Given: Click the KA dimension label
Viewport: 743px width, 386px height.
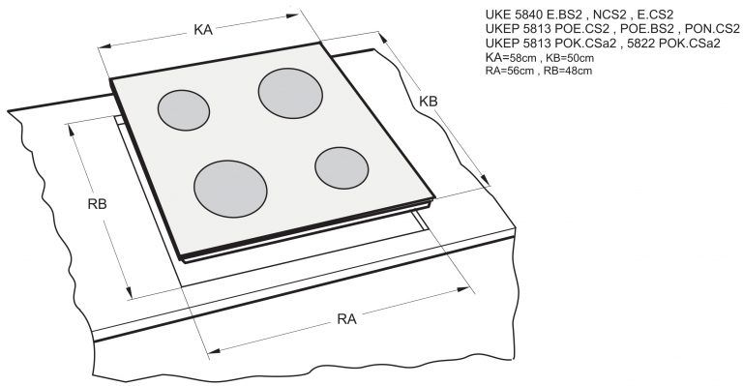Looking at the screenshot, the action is tap(203, 30).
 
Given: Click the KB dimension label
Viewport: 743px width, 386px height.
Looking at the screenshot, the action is tap(429, 101).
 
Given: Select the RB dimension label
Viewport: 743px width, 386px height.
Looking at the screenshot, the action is tap(97, 204).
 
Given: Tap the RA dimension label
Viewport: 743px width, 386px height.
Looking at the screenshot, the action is tap(346, 319).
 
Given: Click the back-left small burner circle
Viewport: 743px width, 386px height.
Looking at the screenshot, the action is tap(184, 110).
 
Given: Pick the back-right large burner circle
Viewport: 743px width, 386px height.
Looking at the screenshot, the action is tap(290, 93).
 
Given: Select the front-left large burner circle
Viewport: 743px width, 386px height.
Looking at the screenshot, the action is tap(231, 189).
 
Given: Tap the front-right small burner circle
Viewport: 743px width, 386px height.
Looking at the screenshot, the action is tap(342, 168).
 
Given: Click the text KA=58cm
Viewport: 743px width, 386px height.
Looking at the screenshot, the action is tap(511, 58).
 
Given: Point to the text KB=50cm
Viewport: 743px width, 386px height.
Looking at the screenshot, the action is tap(570, 58).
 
